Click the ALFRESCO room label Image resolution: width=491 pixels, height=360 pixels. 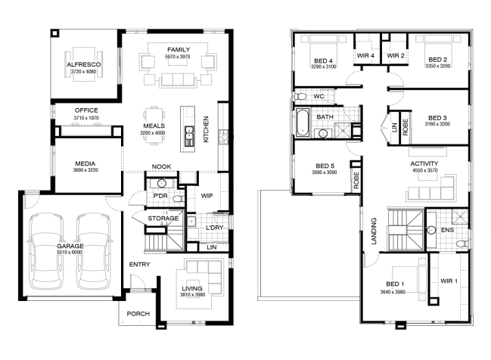(x=84, y=64)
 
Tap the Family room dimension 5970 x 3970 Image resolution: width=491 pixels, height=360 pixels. (x=178, y=57)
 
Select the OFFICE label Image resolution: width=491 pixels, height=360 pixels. (x=86, y=110)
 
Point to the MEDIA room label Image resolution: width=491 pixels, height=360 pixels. (x=85, y=163)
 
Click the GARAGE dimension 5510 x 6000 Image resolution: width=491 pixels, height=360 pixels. (x=70, y=253)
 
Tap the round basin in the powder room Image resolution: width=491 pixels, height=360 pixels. (x=162, y=183)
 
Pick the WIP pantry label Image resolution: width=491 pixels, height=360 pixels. (x=207, y=196)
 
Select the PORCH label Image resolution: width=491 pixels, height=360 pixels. (x=138, y=314)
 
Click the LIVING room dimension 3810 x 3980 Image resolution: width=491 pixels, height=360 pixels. (x=193, y=294)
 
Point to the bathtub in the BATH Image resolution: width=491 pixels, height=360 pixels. (x=303, y=123)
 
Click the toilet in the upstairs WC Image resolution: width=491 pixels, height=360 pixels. (x=300, y=96)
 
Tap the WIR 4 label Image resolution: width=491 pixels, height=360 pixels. (x=365, y=55)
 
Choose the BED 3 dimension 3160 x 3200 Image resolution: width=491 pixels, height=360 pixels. (x=437, y=124)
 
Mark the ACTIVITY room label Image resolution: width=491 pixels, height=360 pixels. (x=424, y=163)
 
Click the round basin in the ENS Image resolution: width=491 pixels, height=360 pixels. (x=431, y=230)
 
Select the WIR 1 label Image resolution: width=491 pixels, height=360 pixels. (x=449, y=281)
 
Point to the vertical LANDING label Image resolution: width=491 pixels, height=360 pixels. (x=374, y=231)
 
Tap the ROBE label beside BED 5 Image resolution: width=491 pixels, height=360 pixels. (x=356, y=180)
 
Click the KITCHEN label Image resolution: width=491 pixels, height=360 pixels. (x=206, y=129)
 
